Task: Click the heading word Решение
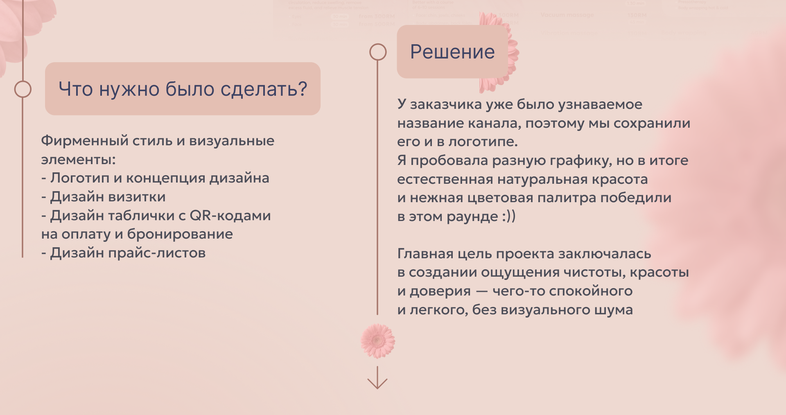452,52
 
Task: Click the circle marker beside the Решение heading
378,52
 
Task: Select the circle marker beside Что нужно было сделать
23,89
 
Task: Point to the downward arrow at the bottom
377,378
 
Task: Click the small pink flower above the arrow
377,341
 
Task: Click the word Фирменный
85,141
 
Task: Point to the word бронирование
180,234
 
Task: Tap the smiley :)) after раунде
508,216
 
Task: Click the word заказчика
446,105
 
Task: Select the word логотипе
483,142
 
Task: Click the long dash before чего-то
482,291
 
